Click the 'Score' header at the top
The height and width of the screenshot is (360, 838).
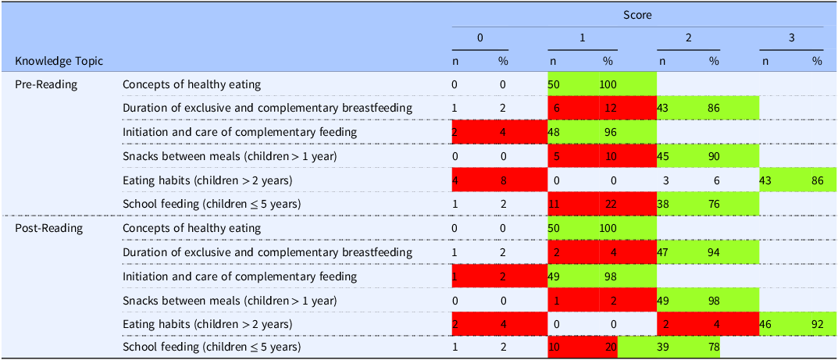tap(637, 15)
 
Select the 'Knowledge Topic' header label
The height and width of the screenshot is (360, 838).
tap(59, 61)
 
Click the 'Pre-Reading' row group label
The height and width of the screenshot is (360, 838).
tap(46, 84)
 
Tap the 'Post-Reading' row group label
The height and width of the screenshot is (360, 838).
tap(48, 228)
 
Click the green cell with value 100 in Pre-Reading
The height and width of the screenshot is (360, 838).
tap(608, 84)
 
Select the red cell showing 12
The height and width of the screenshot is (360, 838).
tap(608, 108)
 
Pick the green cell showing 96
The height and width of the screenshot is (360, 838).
tap(608, 132)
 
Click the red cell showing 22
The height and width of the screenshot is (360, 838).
tap(608, 204)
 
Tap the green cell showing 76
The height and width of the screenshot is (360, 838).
tap(713, 204)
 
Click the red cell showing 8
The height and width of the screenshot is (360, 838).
tap(503, 180)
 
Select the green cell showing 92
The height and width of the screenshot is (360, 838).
tap(817, 324)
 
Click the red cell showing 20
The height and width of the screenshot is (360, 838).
tap(608, 348)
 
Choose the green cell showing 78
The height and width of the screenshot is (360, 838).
tap(713, 348)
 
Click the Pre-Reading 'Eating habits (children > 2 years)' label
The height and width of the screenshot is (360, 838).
tap(207, 180)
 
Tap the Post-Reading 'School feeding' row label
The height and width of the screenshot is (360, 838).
tap(211, 348)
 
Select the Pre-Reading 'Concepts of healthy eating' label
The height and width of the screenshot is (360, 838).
tap(191, 84)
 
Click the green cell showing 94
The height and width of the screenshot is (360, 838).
tap(713, 252)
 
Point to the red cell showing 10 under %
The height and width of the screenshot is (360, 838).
tap(608, 156)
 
